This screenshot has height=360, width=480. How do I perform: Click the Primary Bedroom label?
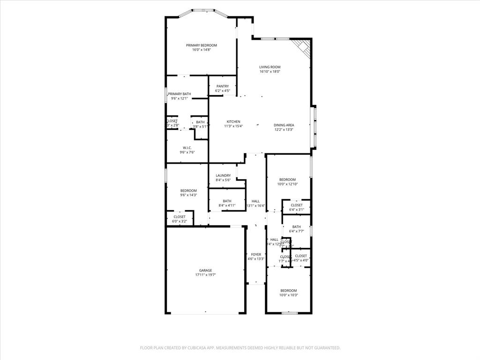point(201,45)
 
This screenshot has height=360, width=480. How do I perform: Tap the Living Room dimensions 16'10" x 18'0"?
point(270,72)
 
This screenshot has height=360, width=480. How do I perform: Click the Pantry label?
point(222,86)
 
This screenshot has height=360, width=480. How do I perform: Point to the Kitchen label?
point(233,122)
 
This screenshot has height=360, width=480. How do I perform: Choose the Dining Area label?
point(284,125)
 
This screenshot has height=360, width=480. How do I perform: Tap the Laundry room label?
point(223,176)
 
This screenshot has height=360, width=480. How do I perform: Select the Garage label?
point(205,270)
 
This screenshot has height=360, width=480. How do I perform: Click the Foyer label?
point(256,255)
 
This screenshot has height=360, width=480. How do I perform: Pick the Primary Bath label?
point(180,94)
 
